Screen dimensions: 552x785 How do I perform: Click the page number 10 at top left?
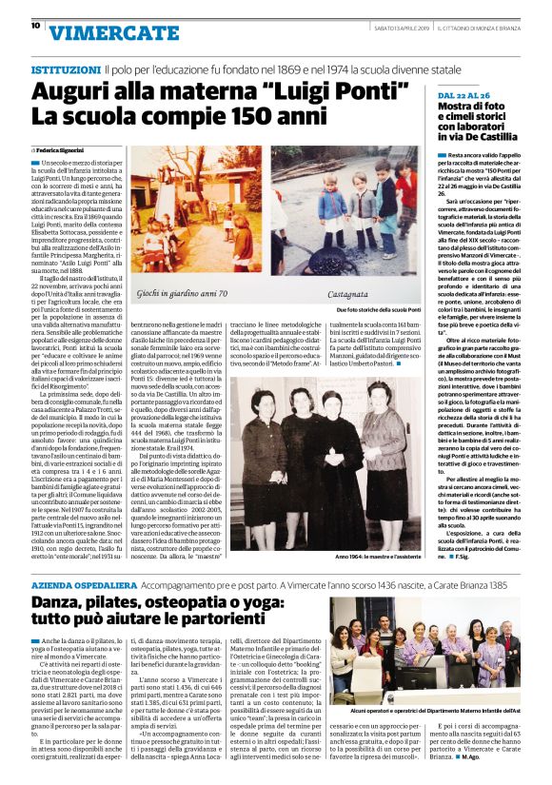(35, 27)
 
